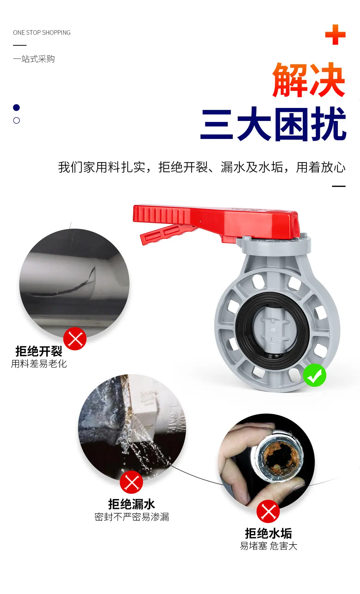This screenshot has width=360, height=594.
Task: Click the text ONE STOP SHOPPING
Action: (42, 32)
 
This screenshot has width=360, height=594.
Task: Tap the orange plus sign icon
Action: (335, 35)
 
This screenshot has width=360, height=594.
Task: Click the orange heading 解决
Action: (309, 80)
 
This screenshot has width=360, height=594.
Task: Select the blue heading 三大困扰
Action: (273, 124)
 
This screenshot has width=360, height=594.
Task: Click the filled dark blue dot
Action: (16, 108)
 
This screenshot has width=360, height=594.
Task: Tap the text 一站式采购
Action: (34, 59)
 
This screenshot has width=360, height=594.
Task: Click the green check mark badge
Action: (314, 375)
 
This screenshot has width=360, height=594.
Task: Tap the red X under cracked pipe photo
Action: (75, 339)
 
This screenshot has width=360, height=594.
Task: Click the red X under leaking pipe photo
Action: (132, 482)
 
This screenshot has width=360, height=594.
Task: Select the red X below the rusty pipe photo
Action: (268, 511)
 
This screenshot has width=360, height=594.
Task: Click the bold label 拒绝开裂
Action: (39, 351)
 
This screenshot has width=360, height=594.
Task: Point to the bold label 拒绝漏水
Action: (132, 504)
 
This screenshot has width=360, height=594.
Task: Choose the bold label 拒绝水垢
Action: (268, 533)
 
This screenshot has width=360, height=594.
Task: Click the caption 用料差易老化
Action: (39, 364)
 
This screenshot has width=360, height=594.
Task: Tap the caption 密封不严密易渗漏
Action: (132, 517)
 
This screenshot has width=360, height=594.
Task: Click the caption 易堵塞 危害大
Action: (269, 546)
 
